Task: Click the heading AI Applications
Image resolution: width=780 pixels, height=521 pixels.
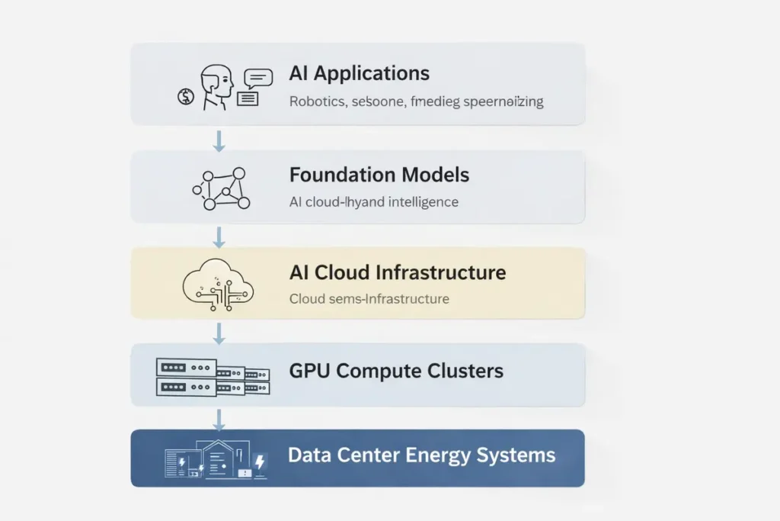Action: [359, 74]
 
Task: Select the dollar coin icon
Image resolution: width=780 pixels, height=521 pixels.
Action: [185, 96]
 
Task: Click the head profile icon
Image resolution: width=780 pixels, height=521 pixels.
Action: [216, 86]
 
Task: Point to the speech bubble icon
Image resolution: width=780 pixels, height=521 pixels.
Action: [257, 78]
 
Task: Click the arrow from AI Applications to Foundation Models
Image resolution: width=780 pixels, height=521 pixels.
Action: [219, 140]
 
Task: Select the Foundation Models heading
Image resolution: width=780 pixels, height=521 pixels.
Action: [379, 175]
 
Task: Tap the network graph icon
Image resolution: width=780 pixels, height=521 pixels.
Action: [221, 188]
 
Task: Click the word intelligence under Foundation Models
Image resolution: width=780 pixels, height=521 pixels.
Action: [422, 202]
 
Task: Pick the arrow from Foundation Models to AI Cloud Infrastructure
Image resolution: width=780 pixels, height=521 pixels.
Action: [219, 236]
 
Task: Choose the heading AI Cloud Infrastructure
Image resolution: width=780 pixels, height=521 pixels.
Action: [397, 272]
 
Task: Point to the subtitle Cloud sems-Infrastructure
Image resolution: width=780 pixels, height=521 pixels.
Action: [369, 299]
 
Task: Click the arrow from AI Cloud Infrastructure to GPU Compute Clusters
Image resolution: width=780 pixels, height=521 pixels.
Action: [219, 333]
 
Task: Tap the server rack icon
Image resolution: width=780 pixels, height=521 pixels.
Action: [213, 377]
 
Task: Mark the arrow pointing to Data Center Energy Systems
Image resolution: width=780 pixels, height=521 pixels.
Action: [219, 419]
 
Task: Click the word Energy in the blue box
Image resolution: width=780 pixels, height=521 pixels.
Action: [436, 456]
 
